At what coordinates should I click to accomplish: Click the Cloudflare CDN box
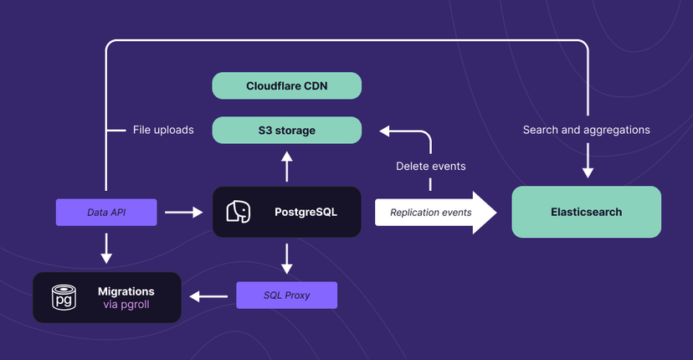pyautogui.click(x=286, y=86)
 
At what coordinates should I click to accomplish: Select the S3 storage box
pyautogui.click(x=286, y=130)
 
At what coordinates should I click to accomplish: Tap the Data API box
pyautogui.click(x=106, y=213)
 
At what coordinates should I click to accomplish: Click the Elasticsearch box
pyautogui.click(x=586, y=212)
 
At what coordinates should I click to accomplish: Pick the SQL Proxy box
pyautogui.click(x=286, y=295)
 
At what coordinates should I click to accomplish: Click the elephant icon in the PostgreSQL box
pyautogui.click(x=239, y=212)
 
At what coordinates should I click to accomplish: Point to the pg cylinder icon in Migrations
pyautogui.click(x=62, y=297)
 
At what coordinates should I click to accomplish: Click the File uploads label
pyautogui.click(x=163, y=130)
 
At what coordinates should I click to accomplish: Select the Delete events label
pyautogui.click(x=430, y=167)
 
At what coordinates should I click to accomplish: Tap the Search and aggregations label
pyautogui.click(x=586, y=130)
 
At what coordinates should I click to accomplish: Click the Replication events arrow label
pyautogui.click(x=430, y=213)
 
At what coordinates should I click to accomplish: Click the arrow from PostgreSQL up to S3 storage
pyautogui.click(x=286, y=167)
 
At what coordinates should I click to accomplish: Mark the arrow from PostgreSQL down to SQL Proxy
pyautogui.click(x=286, y=258)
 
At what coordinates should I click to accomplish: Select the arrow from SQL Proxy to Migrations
pyautogui.click(x=208, y=296)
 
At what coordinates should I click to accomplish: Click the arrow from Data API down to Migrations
pyautogui.click(x=106, y=247)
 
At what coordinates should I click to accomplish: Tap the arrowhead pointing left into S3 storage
pyautogui.click(x=384, y=130)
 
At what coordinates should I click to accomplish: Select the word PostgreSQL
pyautogui.click(x=305, y=212)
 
